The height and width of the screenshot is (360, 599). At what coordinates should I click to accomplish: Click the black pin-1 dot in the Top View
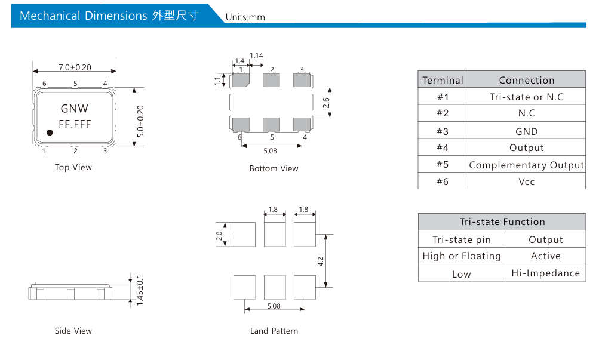pos(50,133)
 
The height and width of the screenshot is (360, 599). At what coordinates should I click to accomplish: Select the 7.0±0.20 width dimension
pos(75,67)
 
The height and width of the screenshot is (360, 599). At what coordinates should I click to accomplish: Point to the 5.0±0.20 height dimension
pos(140,121)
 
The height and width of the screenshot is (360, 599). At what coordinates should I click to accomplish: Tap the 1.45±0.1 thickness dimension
pos(140,290)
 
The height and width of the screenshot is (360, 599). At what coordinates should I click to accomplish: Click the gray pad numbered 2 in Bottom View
pos(271,80)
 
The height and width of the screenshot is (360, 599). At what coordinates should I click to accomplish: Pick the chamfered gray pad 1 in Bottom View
pos(241,80)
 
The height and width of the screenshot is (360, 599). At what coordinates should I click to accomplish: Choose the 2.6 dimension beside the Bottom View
pos(326,102)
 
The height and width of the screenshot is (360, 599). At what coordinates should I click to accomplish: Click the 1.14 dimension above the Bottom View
pos(256,56)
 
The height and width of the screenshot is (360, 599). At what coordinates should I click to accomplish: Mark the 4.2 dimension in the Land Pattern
pos(321,261)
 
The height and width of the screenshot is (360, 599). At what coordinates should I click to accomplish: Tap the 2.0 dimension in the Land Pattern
pos(219,236)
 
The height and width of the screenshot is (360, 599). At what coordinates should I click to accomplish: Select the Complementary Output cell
pos(526,165)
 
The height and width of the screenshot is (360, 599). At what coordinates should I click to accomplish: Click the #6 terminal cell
pos(443,181)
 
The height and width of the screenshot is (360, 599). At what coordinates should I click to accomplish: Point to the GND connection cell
pos(526,132)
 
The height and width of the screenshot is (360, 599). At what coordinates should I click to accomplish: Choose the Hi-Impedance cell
pos(545,273)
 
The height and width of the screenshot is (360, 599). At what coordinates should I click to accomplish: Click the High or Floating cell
pos(462,256)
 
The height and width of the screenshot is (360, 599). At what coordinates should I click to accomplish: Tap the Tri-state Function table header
pos(502,222)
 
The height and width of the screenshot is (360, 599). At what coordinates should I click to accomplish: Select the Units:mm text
pos(245,17)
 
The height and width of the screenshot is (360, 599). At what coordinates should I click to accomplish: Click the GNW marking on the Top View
pos(75,109)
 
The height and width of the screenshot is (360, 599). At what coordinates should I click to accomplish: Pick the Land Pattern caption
pos(274,331)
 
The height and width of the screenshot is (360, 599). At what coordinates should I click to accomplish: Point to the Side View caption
pos(73,331)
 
